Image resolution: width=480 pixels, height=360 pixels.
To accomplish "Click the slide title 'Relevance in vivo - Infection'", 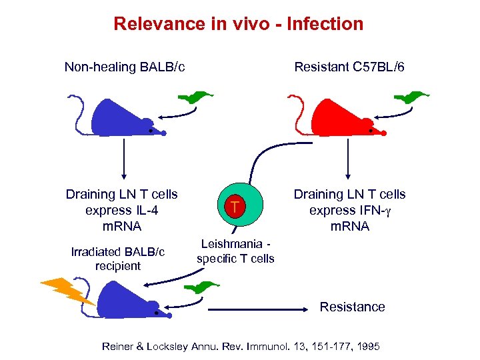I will click(x=239, y=24).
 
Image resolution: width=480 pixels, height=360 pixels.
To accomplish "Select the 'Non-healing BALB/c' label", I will click(x=125, y=67).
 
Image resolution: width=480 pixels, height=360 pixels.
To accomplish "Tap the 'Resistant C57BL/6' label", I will click(x=349, y=67).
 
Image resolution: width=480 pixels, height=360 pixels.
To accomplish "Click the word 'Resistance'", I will click(x=352, y=307).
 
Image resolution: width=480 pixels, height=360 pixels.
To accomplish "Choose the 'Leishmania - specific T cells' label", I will click(x=235, y=251).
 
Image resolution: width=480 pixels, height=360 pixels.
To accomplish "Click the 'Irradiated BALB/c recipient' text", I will click(x=117, y=259).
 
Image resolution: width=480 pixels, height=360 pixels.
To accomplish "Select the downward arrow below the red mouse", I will click(x=347, y=161).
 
